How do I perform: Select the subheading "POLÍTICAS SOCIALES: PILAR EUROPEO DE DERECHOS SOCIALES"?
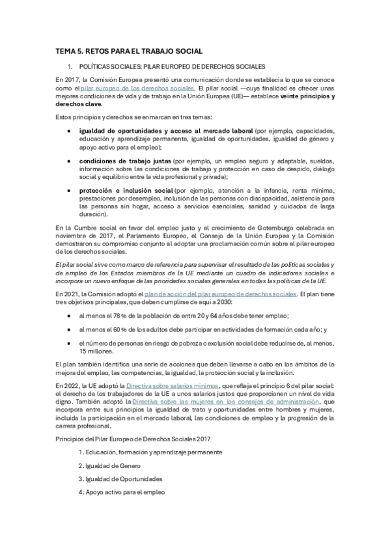[171, 67]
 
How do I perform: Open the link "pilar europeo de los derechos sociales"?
[139, 88]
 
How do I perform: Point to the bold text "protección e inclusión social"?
[126, 190]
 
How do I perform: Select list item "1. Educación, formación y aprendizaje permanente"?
[150, 451]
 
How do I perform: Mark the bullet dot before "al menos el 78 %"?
[70, 316]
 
